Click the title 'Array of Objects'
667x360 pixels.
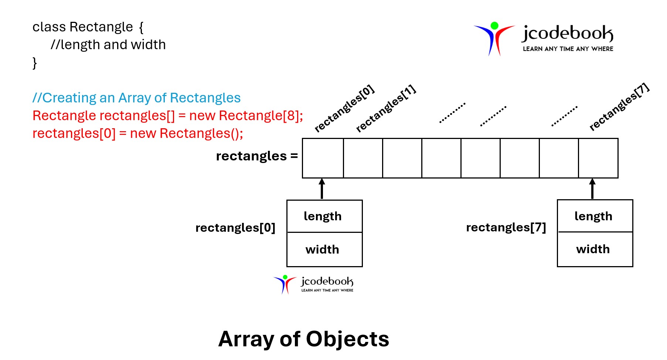(303, 339)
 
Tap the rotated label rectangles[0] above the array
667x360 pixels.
(344, 109)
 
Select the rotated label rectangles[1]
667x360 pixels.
(386, 109)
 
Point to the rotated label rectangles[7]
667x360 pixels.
(619, 107)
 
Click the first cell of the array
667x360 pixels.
(323, 158)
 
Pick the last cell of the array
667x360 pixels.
(598, 158)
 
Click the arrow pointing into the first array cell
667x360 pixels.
(322, 189)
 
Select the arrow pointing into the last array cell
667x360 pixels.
(592, 189)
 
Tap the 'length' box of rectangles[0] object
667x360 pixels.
(324, 216)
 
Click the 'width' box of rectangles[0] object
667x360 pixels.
(324, 249)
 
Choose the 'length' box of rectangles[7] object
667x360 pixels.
(595, 216)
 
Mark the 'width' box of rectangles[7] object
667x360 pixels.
(595, 249)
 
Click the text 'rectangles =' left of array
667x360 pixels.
(256, 156)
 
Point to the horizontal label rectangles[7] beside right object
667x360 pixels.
(506, 227)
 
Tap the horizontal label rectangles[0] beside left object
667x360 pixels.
(235, 228)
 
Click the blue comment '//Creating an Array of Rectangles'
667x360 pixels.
(136, 98)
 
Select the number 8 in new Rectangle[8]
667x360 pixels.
(291, 116)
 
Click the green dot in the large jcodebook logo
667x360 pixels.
(494, 26)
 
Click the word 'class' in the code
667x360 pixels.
(49, 27)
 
